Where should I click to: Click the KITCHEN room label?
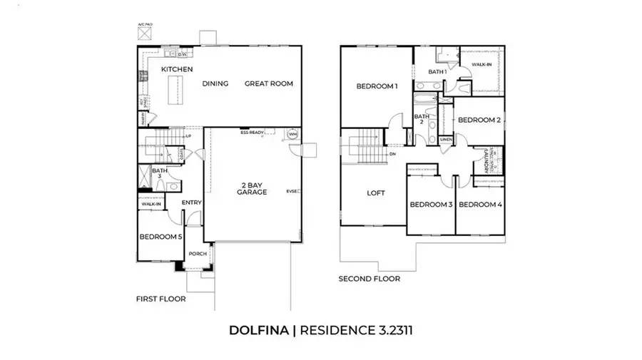tap(177, 69)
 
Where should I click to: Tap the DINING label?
tap(215, 83)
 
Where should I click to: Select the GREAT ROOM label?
tap(269, 83)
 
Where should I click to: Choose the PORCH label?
tap(196, 254)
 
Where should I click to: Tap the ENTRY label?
tap(192, 202)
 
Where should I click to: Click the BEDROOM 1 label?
tap(377, 86)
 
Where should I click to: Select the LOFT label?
tap(376, 192)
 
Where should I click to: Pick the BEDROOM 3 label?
tap(431, 205)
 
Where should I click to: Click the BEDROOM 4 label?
tap(479, 205)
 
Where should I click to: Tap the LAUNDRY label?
tap(486, 160)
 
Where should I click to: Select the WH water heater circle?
tap(292, 134)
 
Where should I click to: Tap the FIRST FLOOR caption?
tap(161, 299)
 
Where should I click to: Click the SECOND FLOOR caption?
tap(369, 279)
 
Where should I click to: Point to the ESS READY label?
tap(253, 132)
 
